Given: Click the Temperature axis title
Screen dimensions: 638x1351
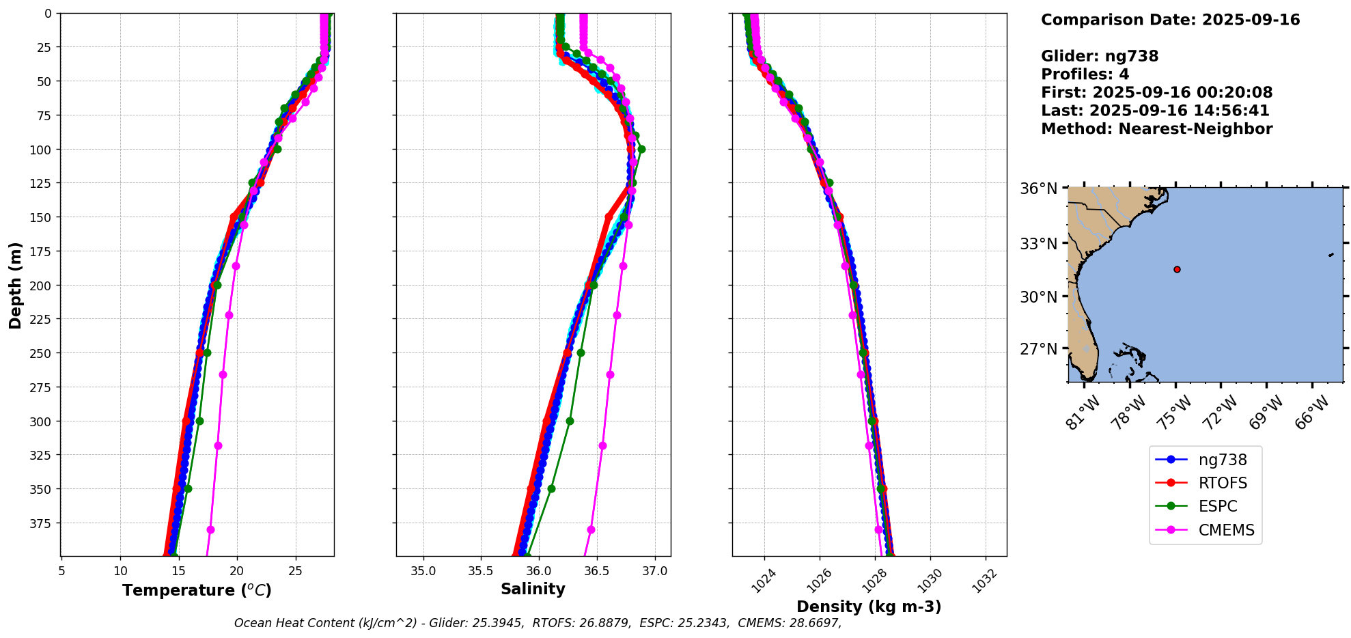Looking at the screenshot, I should pos(197,590).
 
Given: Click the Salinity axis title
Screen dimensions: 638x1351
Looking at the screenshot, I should pos(533,590).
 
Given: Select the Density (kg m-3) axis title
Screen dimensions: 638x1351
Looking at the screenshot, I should pos(869,607).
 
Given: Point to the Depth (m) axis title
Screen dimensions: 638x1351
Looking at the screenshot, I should pos(16,285).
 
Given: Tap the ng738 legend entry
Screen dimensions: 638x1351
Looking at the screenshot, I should pos(1223,460).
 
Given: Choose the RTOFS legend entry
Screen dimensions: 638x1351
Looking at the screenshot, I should pos(1223,484).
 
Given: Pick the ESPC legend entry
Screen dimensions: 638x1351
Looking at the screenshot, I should pos(1218,507).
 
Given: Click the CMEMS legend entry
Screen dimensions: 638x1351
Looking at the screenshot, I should pos(1226,530).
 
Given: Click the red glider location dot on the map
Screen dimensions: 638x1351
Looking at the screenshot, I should pos(1177,269).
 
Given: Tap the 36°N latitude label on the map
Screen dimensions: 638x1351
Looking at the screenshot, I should pos(1038,189).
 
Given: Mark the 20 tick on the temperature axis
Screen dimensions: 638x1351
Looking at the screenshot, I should pos(237,570).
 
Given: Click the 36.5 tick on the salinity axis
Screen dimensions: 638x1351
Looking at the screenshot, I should pos(597,570).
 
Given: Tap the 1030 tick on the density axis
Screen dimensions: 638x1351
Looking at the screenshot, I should pos(929,581).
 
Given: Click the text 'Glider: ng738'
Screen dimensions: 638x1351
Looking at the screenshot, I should pos(1100,56).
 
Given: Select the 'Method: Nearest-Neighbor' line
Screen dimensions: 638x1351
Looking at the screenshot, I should pos(1156,129).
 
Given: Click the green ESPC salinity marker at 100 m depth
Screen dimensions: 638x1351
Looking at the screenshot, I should pos(641,149).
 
